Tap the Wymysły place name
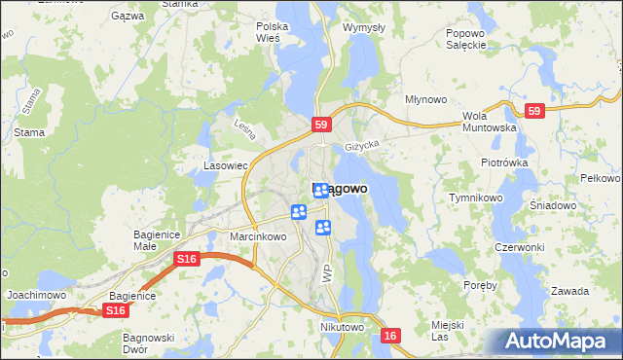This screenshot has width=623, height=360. [x=364, y=27]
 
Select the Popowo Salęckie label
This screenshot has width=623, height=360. [x=465, y=38]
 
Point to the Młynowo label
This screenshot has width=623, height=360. [x=425, y=99]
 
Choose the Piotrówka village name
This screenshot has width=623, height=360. [x=503, y=162]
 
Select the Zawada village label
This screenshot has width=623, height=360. [x=569, y=291]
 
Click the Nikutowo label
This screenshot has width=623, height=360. [x=341, y=328]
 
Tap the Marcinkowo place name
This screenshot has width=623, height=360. [x=257, y=236]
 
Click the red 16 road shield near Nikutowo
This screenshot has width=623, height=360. [x=390, y=335]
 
